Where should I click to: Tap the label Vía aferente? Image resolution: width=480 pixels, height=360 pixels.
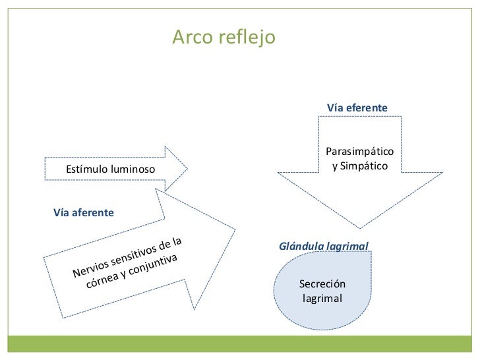coord(83,213)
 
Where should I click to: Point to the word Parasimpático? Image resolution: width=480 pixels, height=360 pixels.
coord(359,152)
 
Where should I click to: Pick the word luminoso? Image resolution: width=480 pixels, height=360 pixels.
coord(133,170)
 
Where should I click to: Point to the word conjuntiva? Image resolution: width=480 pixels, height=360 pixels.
coord(152,264)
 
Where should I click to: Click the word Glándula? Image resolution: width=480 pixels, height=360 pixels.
coord(301,247)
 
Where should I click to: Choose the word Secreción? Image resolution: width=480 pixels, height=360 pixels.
coord(322,284)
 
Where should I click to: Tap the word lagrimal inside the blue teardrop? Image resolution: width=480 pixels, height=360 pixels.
coord(322,298)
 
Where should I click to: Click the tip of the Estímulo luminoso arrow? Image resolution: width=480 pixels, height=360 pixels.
coord(187,169)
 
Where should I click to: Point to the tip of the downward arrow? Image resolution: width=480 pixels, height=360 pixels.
coord(360,228)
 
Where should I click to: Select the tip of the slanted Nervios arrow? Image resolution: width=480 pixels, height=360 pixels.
coord(234,230)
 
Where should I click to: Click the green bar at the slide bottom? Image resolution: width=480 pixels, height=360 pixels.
coord(240,344)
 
